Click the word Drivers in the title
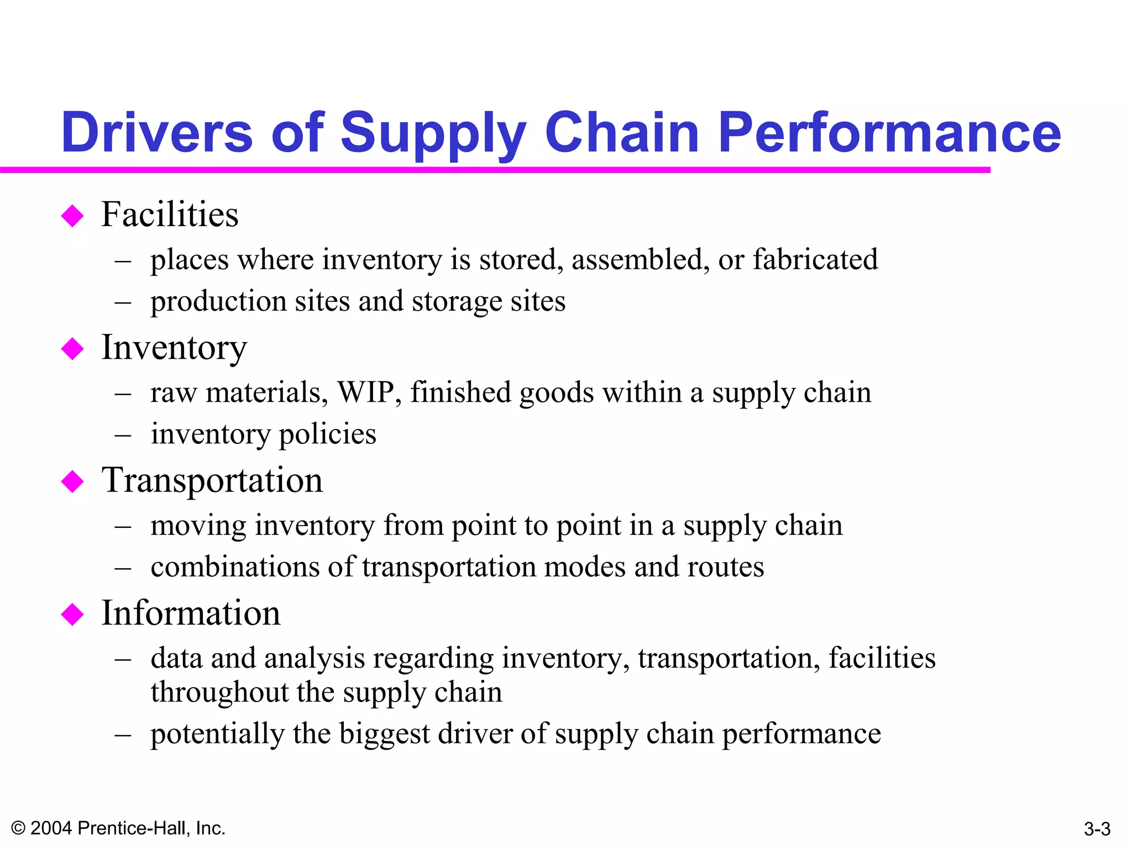pyautogui.click(x=157, y=133)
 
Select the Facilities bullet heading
pyautogui.click(x=170, y=214)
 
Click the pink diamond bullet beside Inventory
pyautogui.click(x=72, y=349)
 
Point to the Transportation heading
pyautogui.click(x=212, y=480)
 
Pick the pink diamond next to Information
pyautogui.click(x=72, y=614)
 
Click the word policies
pyautogui.click(x=327, y=434)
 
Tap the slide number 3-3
pyautogui.click(x=1097, y=829)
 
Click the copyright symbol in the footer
pyautogui.click(x=18, y=828)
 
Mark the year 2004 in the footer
pyautogui.click(x=51, y=828)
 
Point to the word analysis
pyautogui.click(x=315, y=659)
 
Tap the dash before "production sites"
pyautogui.click(x=123, y=302)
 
